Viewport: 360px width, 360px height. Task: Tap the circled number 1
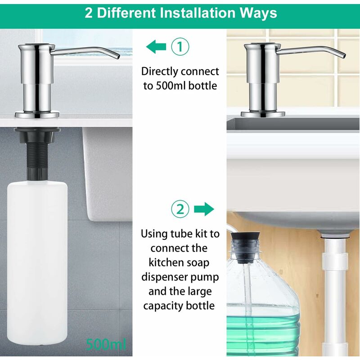click(180, 47)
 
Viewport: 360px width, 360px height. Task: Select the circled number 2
click(180, 209)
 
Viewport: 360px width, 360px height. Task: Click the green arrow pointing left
click(156, 47)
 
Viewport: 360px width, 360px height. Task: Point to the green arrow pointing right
click(204, 209)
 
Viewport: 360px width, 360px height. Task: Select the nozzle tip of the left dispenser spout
click(118, 56)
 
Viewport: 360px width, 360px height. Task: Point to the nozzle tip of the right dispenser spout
click(343, 55)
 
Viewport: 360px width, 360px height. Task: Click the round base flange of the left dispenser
click(37, 114)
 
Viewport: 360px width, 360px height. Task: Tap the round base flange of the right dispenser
click(263, 114)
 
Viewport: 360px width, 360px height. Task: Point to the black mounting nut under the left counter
click(37, 134)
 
